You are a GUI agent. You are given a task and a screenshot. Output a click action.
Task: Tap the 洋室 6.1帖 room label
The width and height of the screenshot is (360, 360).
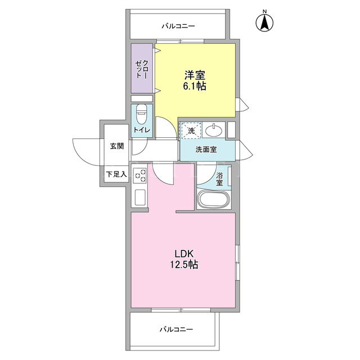tap(195, 80)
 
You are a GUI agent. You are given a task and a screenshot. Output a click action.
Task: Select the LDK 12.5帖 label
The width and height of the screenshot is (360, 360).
tap(184, 259)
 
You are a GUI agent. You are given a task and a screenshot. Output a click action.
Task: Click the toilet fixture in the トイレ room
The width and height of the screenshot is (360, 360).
tap(141, 114)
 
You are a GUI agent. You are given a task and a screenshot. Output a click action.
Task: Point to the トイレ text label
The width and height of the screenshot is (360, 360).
tap(142, 130)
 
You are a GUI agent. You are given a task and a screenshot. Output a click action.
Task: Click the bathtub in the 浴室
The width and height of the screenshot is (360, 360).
tap(214, 199)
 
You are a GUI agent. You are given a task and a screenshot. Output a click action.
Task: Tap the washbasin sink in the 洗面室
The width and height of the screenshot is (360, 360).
tap(214, 130)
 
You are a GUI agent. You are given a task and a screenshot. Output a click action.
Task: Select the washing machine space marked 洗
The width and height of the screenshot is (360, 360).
tap(191, 130)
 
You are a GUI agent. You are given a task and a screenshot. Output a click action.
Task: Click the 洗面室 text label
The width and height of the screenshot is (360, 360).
tap(206, 150)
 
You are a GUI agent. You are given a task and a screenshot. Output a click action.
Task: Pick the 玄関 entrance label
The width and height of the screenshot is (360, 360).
tap(117, 146)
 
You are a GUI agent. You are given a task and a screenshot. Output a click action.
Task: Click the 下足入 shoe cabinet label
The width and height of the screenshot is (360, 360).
tap(116, 174)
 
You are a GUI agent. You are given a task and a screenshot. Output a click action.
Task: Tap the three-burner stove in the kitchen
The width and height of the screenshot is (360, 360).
tap(140, 175)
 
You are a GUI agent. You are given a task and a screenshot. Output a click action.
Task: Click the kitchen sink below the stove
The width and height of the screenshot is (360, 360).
tap(140, 197)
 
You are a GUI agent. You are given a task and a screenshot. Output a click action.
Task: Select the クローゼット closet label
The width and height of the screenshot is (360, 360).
tap(142, 69)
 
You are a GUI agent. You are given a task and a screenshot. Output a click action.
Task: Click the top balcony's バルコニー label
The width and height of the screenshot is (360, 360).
tap(178, 26)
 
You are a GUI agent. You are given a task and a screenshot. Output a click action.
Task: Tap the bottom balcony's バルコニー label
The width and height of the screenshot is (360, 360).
tap(176, 330)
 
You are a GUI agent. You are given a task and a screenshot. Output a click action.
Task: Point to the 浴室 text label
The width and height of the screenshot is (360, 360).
tap(219, 179)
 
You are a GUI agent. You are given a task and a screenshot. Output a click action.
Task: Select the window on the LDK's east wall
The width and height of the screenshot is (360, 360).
tap(237, 263)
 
